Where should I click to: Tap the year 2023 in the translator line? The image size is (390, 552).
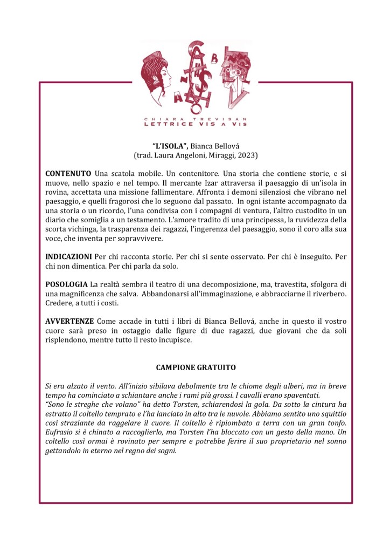click(247, 155)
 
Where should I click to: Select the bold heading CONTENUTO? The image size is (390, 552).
click(68, 174)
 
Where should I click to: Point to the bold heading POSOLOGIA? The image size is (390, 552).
click(66, 284)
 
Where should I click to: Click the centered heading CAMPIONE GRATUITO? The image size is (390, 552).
click(195, 367)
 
